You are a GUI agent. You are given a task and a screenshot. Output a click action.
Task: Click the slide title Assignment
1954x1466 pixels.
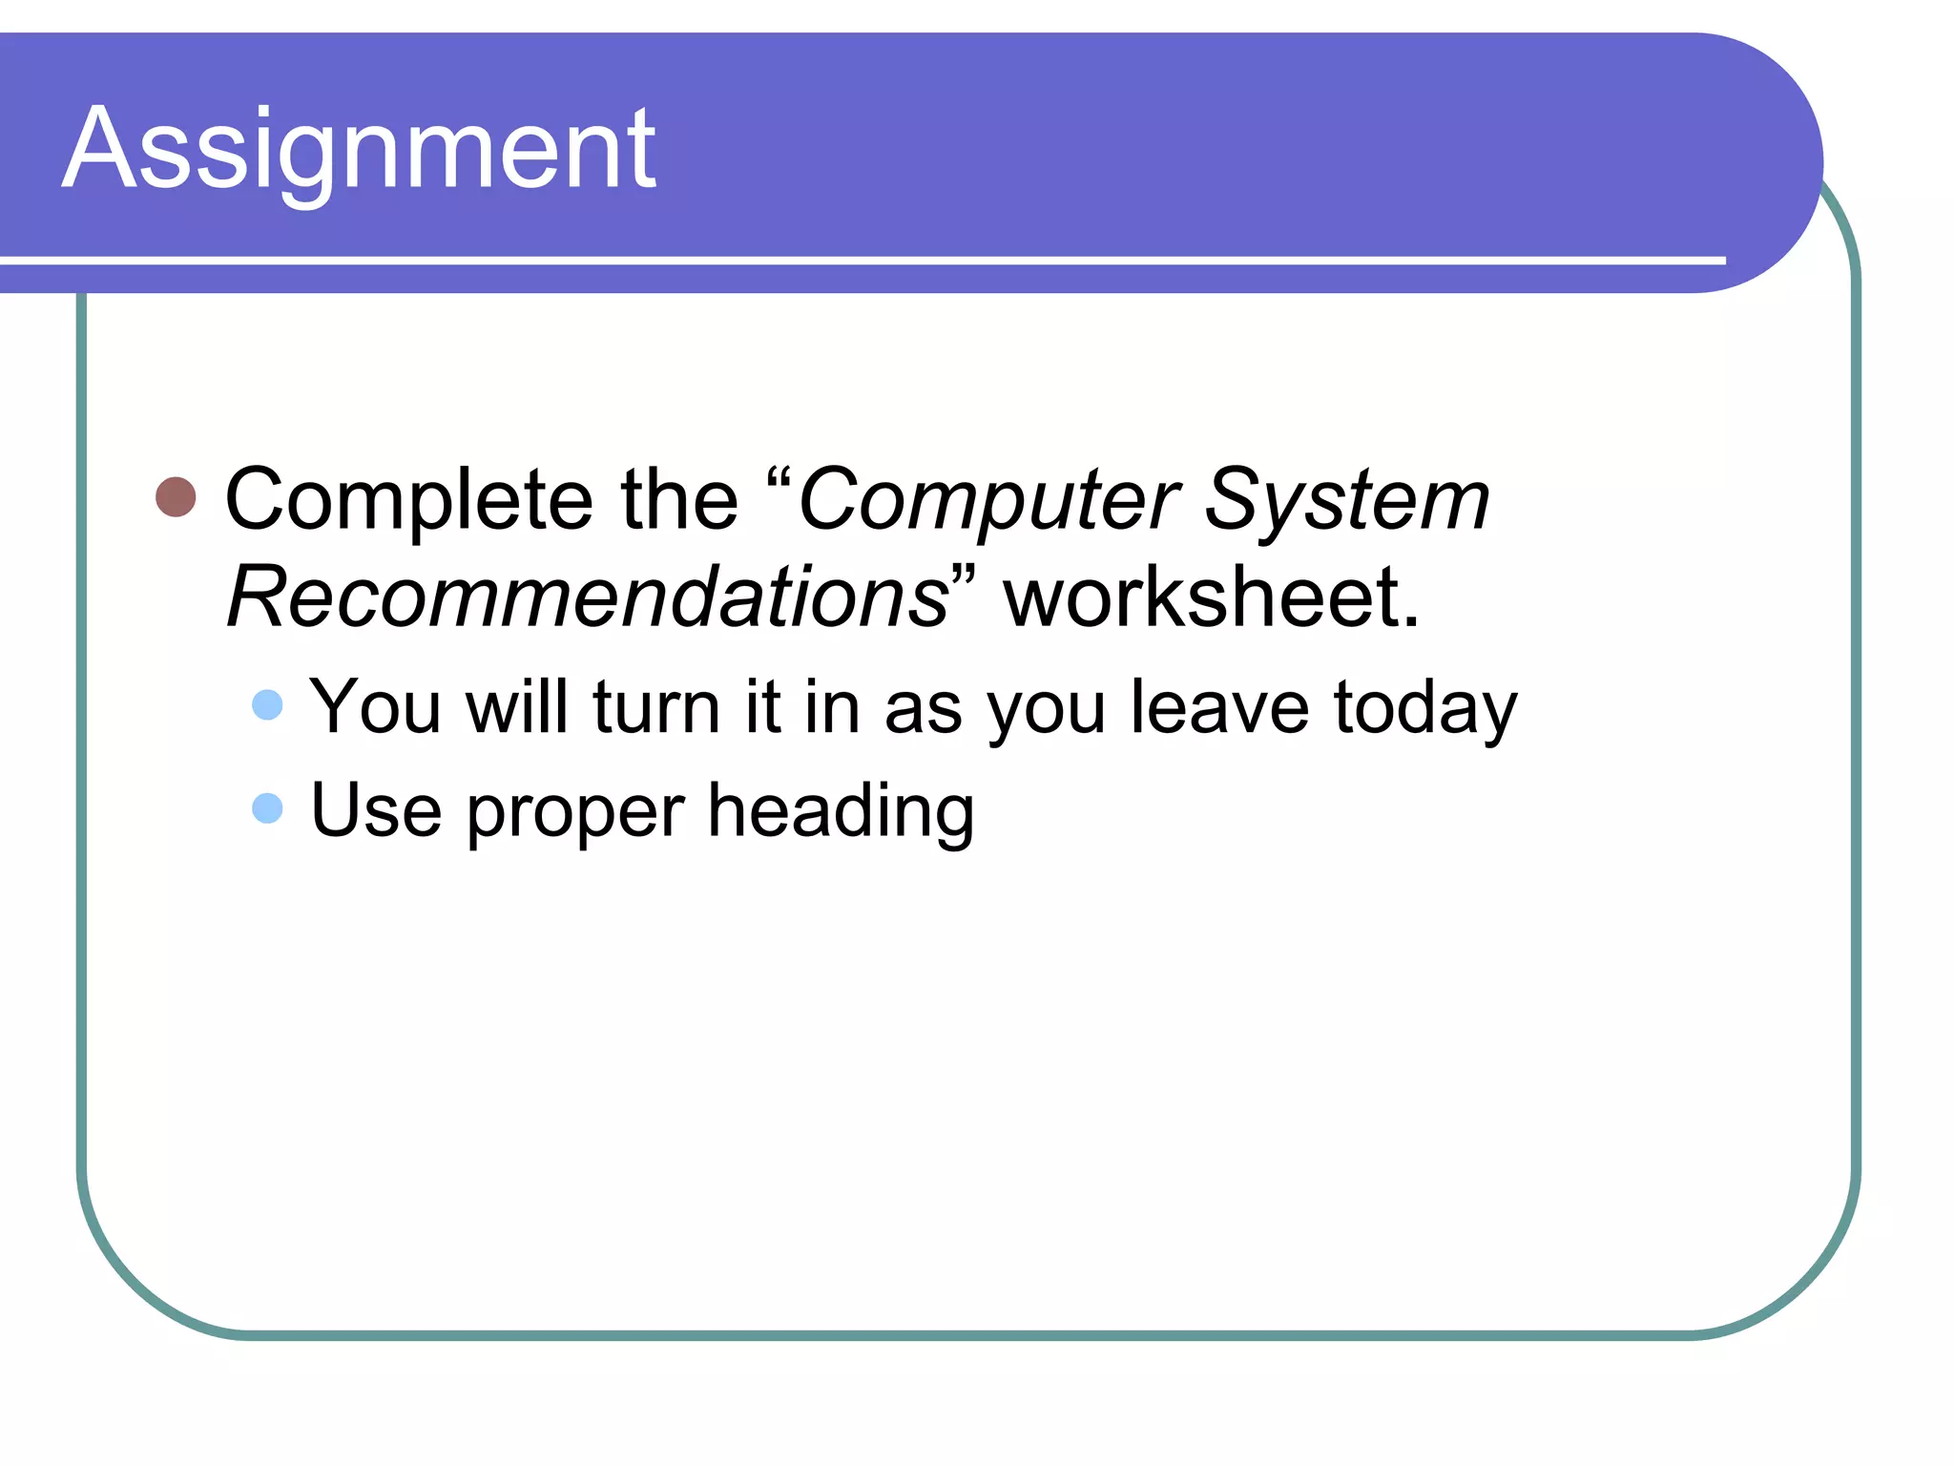click(359, 151)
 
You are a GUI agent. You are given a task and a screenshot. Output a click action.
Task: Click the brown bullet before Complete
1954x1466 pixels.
click(176, 497)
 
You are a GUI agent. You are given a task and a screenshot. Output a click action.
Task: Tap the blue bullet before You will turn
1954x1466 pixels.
click(267, 705)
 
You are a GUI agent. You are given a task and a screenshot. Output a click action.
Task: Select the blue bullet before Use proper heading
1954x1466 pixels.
click(267, 808)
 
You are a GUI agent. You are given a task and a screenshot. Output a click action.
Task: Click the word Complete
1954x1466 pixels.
click(409, 501)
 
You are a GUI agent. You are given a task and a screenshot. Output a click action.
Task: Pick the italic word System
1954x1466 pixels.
click(1346, 501)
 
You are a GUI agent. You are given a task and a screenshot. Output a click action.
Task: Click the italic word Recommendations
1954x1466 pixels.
click(588, 598)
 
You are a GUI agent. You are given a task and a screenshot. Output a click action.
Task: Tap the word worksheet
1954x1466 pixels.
click(1211, 598)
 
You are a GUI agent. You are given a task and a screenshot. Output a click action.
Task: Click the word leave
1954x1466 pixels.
click(1219, 707)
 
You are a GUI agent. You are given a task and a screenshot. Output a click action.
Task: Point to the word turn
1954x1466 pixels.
click(655, 707)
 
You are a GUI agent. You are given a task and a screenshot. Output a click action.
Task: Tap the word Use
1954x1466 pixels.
click(376, 810)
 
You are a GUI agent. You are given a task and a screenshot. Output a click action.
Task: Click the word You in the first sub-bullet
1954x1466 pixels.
click(375, 707)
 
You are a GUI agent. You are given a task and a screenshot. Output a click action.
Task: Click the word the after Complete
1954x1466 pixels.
click(679, 501)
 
